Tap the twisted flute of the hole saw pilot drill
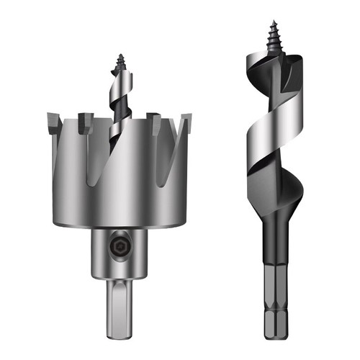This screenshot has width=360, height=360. [117, 108]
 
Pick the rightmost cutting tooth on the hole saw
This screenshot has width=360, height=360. [186, 120]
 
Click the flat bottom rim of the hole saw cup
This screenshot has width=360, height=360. [119, 225]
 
